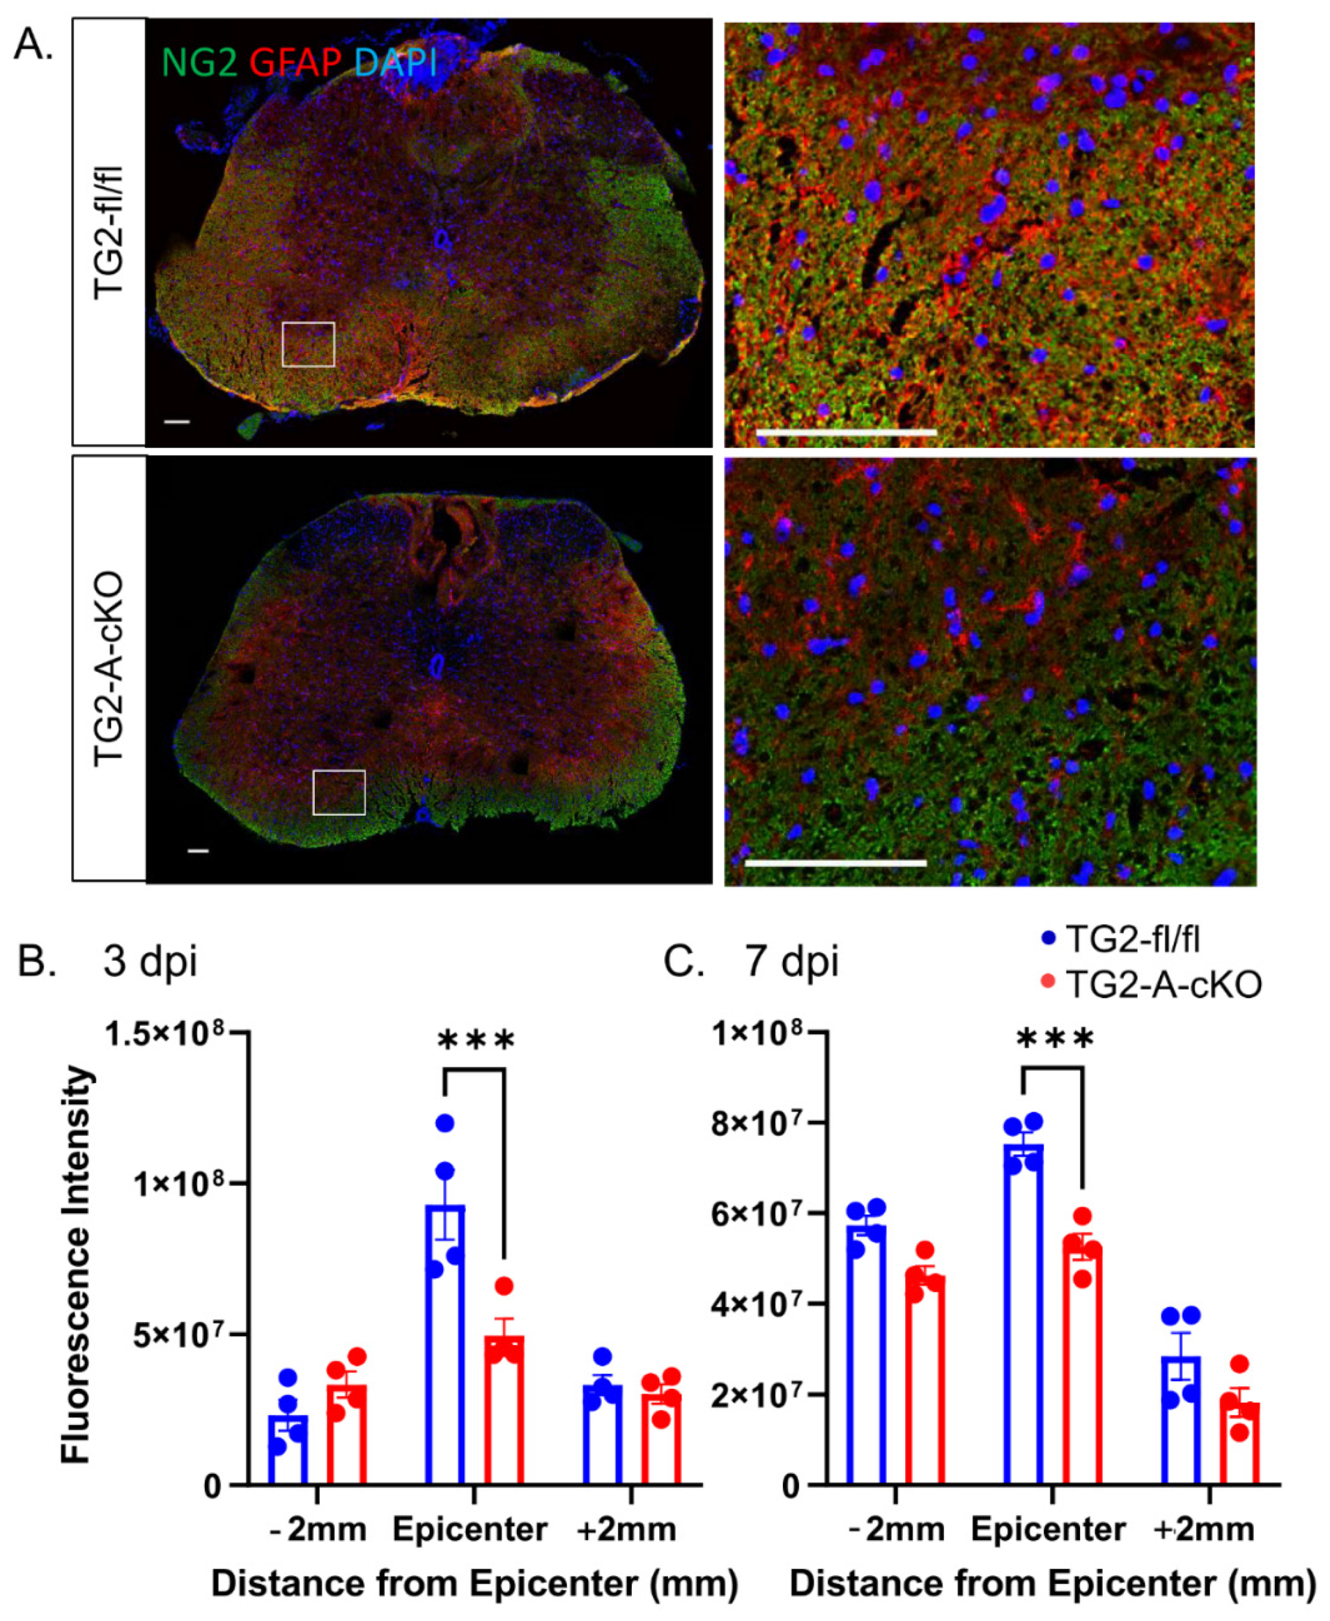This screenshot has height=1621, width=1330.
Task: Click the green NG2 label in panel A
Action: (x=199, y=62)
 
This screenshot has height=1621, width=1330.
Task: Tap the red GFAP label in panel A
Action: (x=295, y=62)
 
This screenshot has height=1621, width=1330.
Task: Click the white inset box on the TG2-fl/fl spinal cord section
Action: (x=308, y=344)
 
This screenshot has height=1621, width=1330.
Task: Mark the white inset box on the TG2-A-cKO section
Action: (x=339, y=792)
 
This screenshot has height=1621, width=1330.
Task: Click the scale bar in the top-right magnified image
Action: (x=846, y=432)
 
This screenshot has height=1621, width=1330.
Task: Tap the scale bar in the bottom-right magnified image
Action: (x=835, y=863)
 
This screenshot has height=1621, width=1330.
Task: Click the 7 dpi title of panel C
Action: (x=791, y=961)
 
